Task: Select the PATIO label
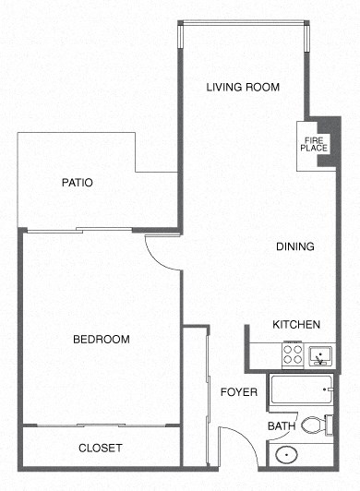[77, 183]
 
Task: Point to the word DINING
[295, 246]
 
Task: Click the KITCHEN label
[295, 325]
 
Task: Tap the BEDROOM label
[101, 340]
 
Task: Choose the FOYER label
[238, 392]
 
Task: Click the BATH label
[281, 426]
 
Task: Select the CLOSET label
[101, 448]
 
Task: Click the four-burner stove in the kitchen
[293, 353]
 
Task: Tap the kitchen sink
[321, 353]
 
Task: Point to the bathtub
[300, 393]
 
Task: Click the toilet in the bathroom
[313, 425]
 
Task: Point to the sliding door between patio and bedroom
[78, 228]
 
